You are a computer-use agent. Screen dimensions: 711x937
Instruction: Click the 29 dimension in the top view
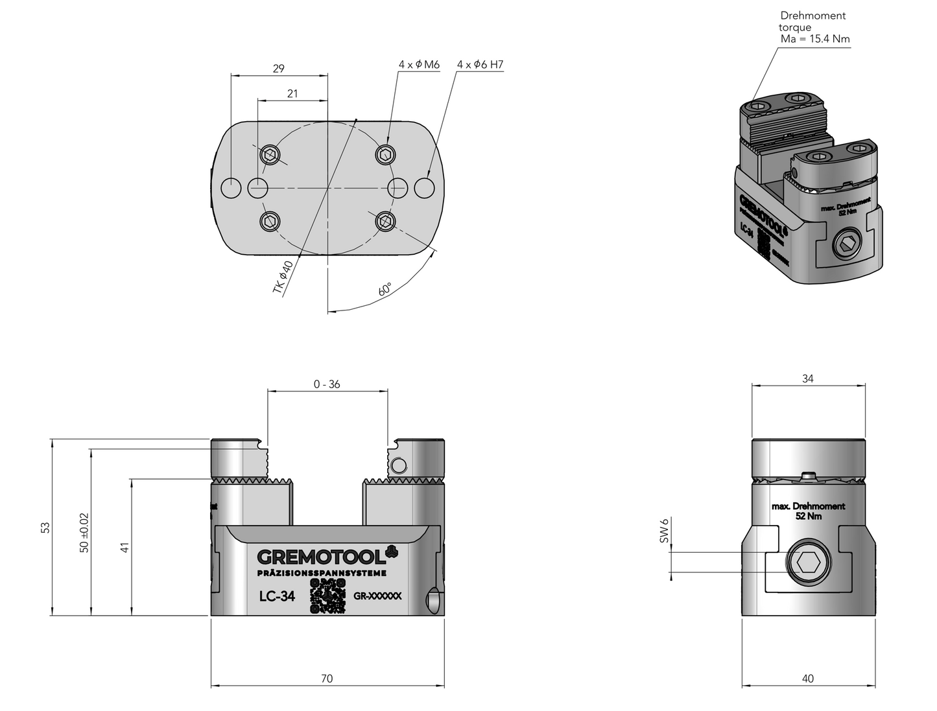coord(279,68)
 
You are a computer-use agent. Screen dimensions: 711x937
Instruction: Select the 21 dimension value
coord(292,93)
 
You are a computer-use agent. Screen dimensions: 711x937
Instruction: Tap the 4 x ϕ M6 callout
coord(419,65)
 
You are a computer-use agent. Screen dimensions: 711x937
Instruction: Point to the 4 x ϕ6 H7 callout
coord(480,65)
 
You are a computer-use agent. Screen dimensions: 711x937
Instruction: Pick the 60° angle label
coord(385,288)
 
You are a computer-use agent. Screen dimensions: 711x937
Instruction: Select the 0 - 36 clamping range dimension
coord(327,384)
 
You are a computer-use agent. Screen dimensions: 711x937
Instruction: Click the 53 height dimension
coord(45,528)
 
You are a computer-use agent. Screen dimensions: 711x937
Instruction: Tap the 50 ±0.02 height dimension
coord(84,533)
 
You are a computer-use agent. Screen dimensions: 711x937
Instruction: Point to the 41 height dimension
coord(125,547)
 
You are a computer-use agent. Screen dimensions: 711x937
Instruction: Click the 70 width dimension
coord(327,679)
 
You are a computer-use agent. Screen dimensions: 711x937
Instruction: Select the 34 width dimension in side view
coord(807,379)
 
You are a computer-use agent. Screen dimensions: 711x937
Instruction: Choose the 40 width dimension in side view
coord(807,679)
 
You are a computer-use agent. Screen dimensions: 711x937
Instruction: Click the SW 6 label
coord(663,530)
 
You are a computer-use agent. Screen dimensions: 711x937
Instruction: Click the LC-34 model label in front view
coord(277,596)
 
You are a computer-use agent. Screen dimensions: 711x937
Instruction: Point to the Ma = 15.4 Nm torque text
coord(815,39)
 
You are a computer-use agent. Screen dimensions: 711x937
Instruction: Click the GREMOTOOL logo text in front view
coord(322,557)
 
